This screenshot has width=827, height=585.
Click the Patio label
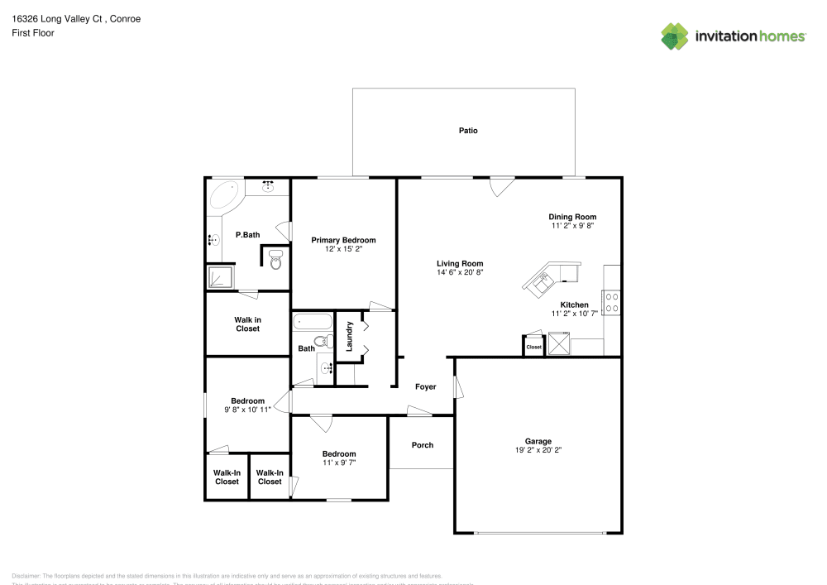coord(468,131)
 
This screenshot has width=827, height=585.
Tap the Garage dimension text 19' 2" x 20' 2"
coord(538,451)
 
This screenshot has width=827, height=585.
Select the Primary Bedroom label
coord(343,240)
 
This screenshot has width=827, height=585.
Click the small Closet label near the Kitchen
coord(534,347)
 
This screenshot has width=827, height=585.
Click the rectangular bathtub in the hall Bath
coord(313,322)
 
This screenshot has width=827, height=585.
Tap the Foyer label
coord(425,386)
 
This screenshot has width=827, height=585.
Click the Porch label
coord(423,445)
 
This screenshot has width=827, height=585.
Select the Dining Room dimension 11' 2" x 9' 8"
coord(573,226)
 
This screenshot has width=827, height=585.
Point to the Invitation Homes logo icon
coord(675,36)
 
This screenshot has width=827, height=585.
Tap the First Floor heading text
coord(33,33)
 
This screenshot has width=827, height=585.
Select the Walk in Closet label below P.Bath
coord(247,324)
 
